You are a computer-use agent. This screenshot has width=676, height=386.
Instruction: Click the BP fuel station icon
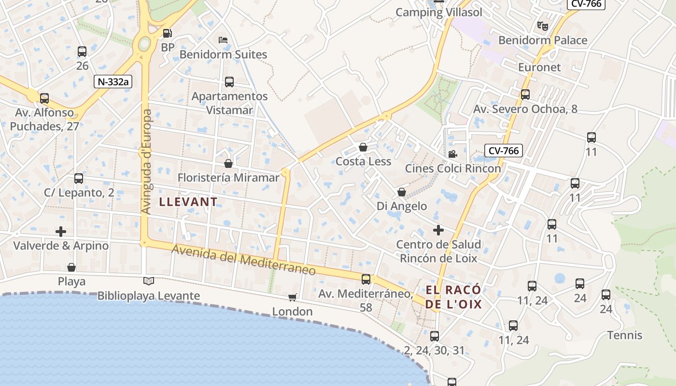pyautogui.click(x=167, y=33)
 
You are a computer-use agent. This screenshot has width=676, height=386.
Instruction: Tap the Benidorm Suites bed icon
pyautogui.click(x=223, y=40)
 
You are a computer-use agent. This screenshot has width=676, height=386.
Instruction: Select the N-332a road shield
pyautogui.click(x=113, y=82)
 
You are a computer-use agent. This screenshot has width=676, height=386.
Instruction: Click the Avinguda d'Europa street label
pyautogui.click(x=147, y=162)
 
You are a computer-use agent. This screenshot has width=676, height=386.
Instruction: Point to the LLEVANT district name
pyautogui.click(x=188, y=202)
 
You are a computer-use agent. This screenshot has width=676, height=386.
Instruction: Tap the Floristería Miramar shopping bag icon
pyautogui.click(x=228, y=164)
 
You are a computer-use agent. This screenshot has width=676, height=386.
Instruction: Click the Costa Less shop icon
pyautogui.click(x=363, y=147)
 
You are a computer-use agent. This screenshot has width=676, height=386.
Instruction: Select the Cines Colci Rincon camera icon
pyautogui.click(x=452, y=154)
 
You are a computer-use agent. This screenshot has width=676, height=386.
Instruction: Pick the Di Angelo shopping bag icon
pyautogui.click(x=401, y=193)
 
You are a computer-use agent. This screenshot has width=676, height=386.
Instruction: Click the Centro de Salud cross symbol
pyautogui.click(x=438, y=230)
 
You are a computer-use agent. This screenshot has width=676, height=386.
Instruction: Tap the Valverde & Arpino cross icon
pyautogui.click(x=61, y=232)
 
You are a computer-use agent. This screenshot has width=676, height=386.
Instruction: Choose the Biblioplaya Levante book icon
pyautogui.click(x=149, y=281)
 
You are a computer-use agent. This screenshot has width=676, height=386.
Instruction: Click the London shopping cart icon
pyautogui.click(x=292, y=297)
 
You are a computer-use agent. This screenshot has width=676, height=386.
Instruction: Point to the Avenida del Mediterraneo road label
pyautogui.click(x=244, y=260)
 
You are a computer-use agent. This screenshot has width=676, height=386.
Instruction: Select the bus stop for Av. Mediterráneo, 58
pyautogui.click(x=366, y=279)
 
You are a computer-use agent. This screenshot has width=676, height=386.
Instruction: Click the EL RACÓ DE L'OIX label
pyautogui.click(x=453, y=297)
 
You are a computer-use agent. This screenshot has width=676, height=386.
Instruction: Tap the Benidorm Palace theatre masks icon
pyautogui.click(x=543, y=26)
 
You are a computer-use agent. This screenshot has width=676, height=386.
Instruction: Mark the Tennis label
pyautogui.click(x=625, y=335)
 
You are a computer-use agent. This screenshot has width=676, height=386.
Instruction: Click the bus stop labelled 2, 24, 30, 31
pyautogui.click(x=435, y=336)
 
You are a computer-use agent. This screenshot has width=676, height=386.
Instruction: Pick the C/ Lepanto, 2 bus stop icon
pyautogui.click(x=79, y=179)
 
